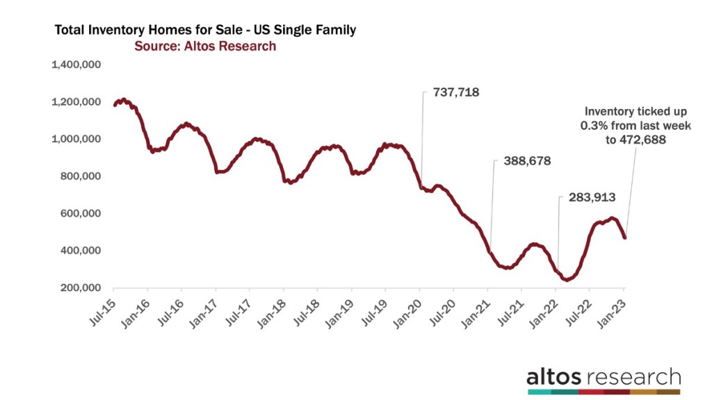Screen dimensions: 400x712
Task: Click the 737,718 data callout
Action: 456,92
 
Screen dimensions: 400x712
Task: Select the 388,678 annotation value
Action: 521,161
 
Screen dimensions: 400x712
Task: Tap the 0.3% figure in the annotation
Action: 601,125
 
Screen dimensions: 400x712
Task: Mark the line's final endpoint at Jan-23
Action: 624,237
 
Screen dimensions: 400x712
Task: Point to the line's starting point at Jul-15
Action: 115,105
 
